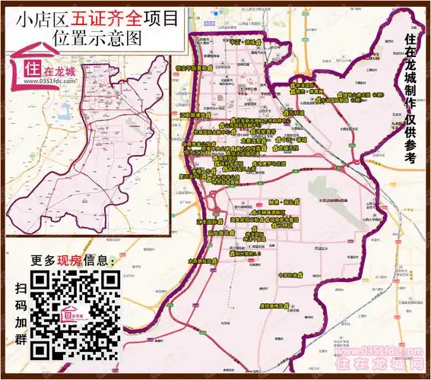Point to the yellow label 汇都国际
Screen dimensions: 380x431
click(x=208, y=221)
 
